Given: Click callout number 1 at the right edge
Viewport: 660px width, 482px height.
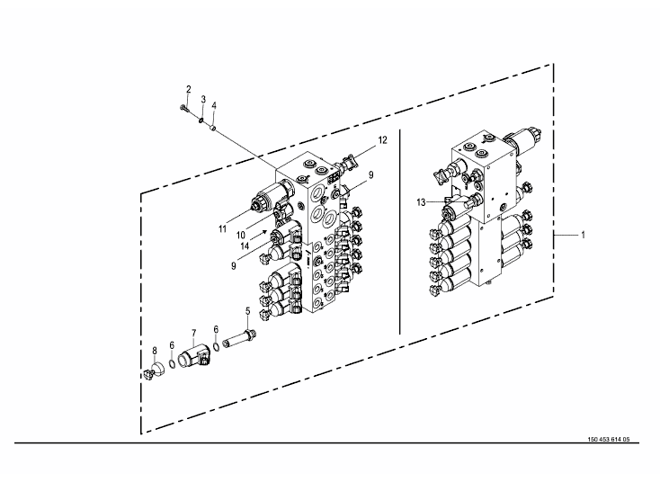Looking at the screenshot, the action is tap(583, 235).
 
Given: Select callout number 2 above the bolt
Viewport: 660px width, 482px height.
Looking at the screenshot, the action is tap(189, 89).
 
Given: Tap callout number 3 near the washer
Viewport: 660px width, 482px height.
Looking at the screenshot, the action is tap(203, 99).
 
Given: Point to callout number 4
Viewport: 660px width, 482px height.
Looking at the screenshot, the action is tap(214, 105).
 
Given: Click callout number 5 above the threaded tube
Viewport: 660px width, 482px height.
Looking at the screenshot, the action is tap(247, 311).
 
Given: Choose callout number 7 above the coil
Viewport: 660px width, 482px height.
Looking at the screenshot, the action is tap(193, 334).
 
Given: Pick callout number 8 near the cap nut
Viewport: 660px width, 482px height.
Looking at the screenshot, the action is tap(155, 350).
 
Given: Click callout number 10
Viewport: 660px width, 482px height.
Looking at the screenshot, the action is tap(241, 236).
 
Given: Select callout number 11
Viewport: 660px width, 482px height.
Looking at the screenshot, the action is tap(223, 229).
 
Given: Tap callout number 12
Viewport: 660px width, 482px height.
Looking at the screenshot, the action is tap(382, 140).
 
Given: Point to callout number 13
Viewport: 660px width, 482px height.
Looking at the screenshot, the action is tap(422, 202).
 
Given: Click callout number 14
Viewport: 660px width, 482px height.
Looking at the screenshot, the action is tap(245, 246).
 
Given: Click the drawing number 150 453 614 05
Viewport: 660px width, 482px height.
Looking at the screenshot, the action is tap(609, 440).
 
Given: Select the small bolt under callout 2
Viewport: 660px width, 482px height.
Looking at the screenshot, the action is tap(183, 109).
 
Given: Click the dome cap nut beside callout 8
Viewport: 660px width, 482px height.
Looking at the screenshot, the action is tap(154, 370).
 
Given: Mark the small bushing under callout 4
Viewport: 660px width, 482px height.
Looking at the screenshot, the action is tap(213, 126).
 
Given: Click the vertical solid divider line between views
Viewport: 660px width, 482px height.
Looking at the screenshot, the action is tap(399, 231).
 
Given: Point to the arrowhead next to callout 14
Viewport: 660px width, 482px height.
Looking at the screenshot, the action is tap(264, 231).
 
